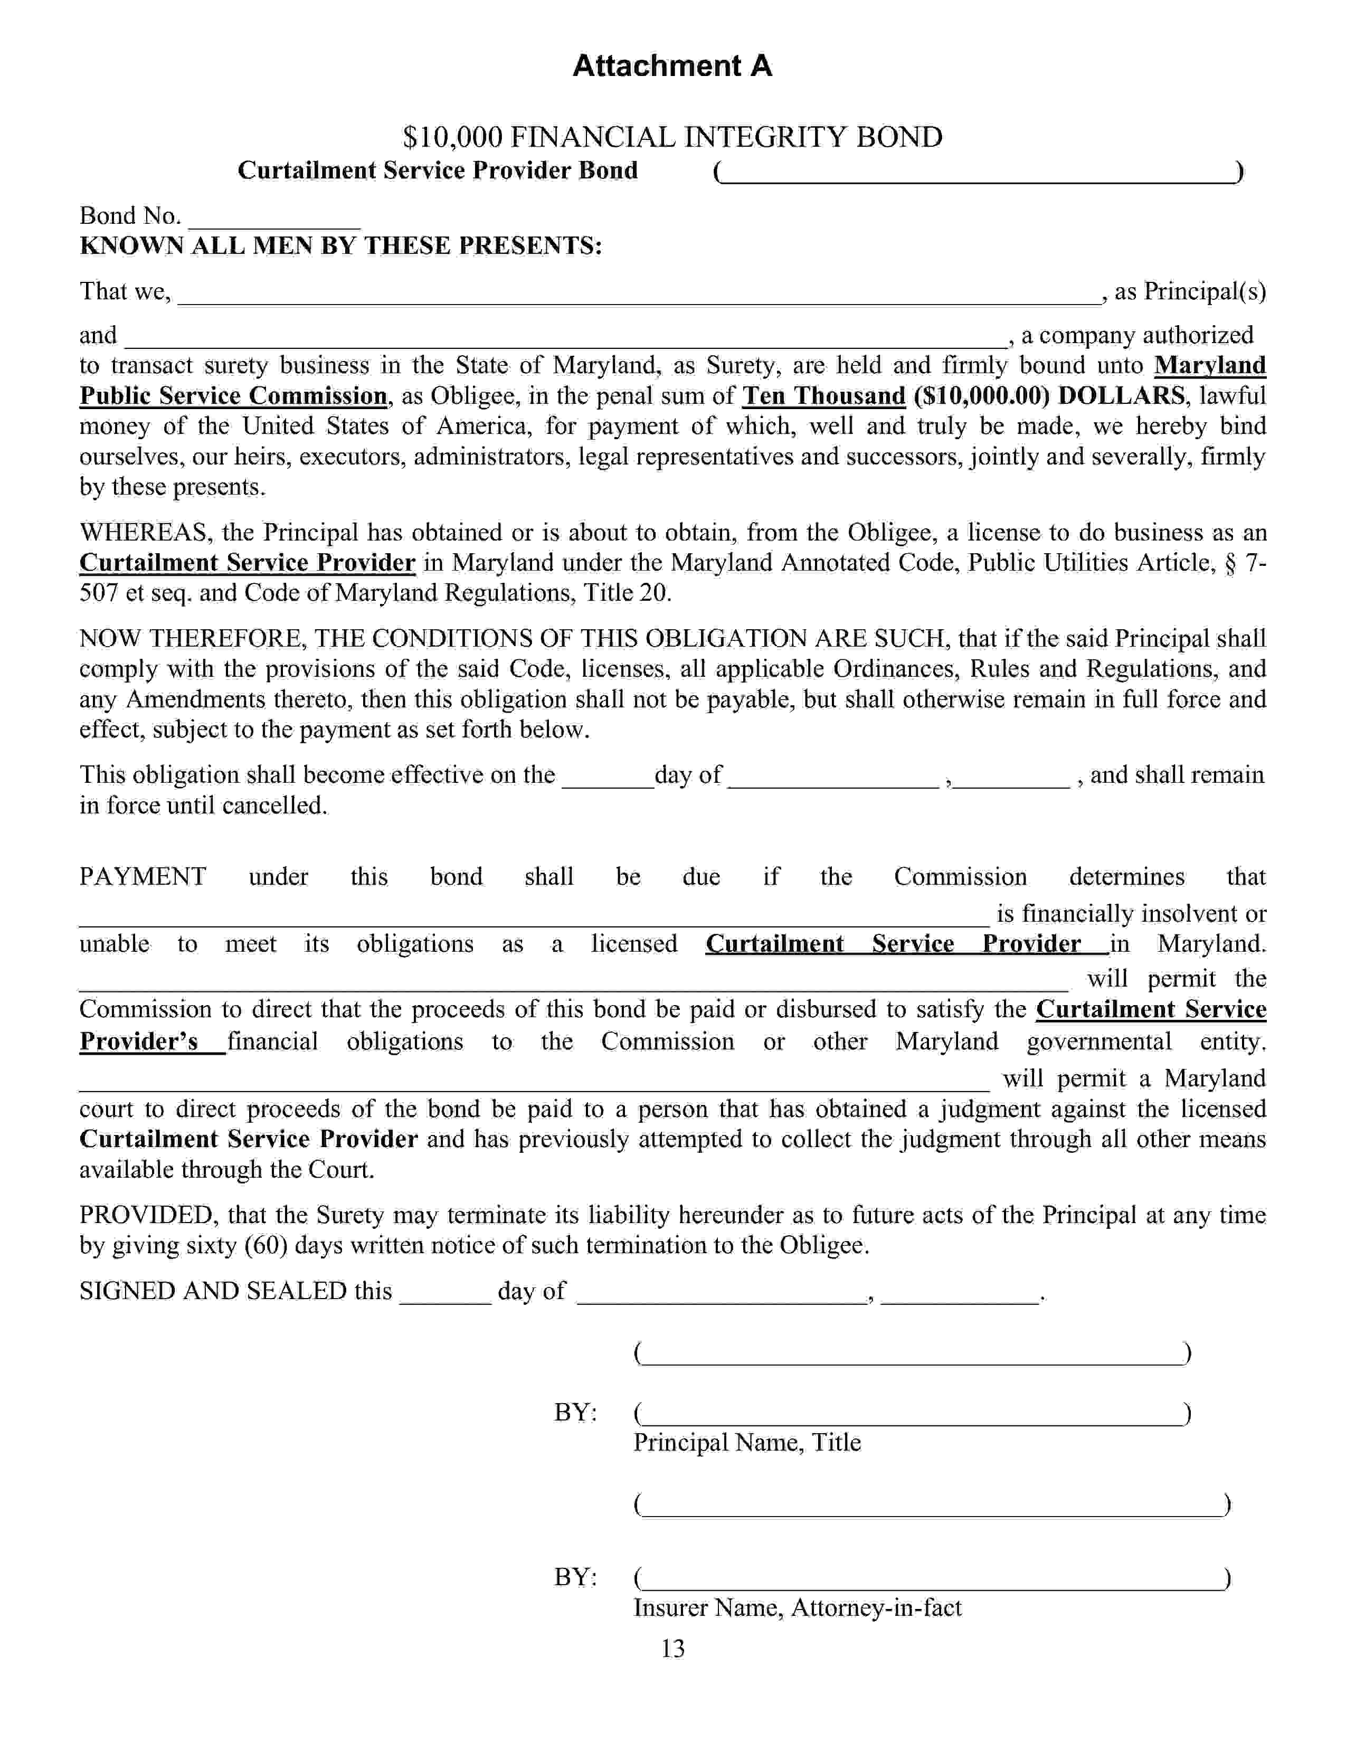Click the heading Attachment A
[x=672, y=65]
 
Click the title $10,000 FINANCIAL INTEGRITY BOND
[x=672, y=137]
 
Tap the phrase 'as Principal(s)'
[x=1190, y=292]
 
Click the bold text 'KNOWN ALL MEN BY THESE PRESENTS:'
[x=340, y=245]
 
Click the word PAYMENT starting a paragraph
[x=143, y=877]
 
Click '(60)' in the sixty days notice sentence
[x=266, y=1245]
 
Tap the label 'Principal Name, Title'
[x=747, y=1442]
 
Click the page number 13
[x=672, y=1648]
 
